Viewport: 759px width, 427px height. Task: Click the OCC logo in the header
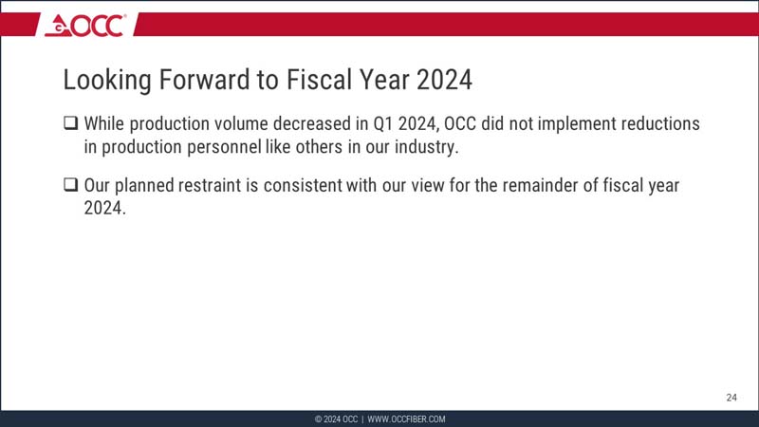pyautogui.click(x=85, y=25)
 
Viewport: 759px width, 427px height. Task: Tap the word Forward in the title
pyautogui.click(x=205, y=81)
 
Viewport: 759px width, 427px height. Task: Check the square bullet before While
pyautogui.click(x=71, y=124)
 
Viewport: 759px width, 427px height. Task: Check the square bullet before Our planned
pyautogui.click(x=71, y=186)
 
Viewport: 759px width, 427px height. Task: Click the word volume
pyautogui.click(x=240, y=124)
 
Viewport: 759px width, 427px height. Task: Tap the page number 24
pyautogui.click(x=731, y=398)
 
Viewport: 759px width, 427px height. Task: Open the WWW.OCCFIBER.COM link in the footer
pyautogui.click(x=406, y=419)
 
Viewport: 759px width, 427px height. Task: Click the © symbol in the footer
pyautogui.click(x=318, y=419)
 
